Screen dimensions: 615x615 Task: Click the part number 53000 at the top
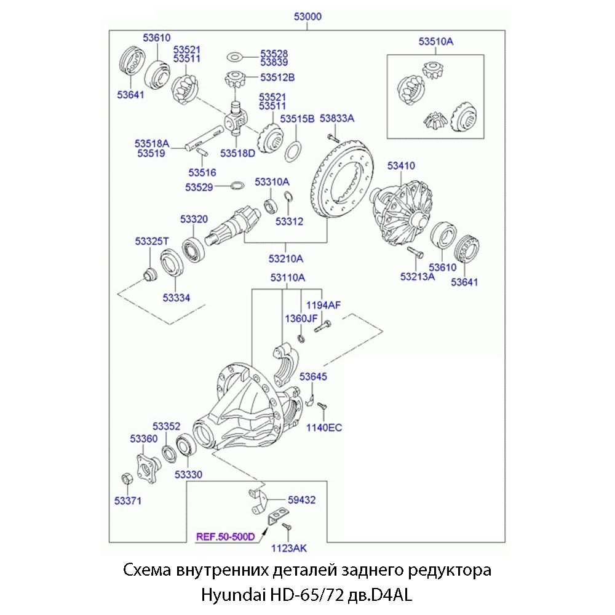click(307, 17)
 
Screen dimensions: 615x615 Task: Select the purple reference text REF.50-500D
click(225, 536)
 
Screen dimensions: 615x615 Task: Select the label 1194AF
click(323, 305)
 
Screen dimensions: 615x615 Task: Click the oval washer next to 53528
click(234, 57)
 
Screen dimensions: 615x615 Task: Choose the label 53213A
click(418, 277)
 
